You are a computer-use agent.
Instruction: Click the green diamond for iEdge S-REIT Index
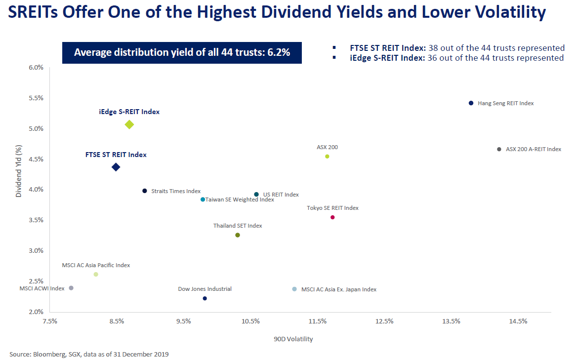129,124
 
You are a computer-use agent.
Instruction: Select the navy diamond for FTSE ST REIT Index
116,167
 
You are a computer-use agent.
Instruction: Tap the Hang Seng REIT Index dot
471,103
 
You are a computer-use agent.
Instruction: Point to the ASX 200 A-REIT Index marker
499,149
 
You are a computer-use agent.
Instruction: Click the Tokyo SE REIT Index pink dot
332,217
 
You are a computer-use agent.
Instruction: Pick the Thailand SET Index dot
237,235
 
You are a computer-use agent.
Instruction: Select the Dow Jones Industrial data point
205,298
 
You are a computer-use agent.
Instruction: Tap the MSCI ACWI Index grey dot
71,288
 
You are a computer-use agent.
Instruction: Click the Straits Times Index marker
145,191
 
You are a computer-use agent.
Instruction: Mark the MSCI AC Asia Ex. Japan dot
294,289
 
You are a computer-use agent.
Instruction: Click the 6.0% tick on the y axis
36,68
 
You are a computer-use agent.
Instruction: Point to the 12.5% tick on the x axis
384,321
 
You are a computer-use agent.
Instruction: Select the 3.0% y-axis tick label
36,250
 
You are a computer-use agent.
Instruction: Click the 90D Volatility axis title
293,339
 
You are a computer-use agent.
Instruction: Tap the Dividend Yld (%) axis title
18,171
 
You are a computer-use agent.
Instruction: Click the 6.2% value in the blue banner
279,52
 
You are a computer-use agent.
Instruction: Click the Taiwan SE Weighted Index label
240,200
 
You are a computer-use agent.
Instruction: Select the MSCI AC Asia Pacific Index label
96,265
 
